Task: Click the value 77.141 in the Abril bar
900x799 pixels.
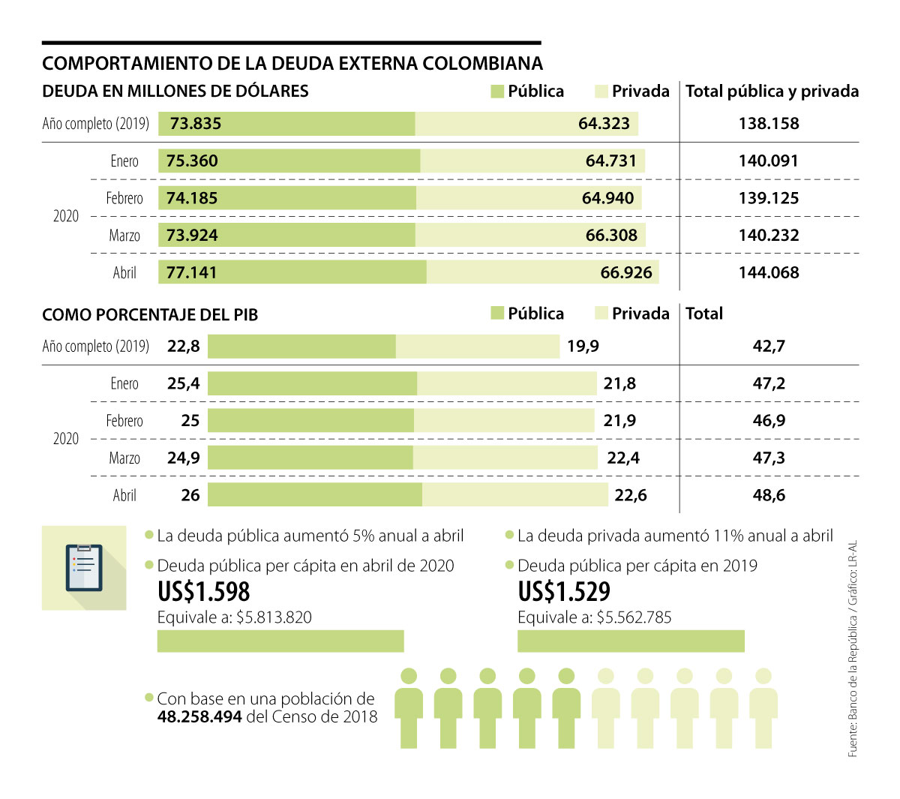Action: click(x=191, y=272)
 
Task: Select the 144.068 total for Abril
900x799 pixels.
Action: click(x=769, y=272)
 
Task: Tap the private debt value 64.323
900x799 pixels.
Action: click(x=604, y=124)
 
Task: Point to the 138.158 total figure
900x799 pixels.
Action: click(x=769, y=124)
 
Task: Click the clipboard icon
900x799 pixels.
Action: click(x=84, y=567)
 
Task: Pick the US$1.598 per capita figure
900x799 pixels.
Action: click(x=204, y=592)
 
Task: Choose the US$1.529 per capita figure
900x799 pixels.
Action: click(x=564, y=592)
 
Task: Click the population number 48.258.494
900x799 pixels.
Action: click(x=199, y=716)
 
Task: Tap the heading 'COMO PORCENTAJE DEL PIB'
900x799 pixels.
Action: click(x=150, y=314)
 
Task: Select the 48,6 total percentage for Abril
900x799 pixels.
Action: click(x=769, y=495)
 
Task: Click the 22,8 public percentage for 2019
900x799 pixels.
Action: click(x=184, y=346)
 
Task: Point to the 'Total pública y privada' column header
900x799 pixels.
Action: click(x=772, y=92)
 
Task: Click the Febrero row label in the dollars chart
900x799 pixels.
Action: click(x=124, y=198)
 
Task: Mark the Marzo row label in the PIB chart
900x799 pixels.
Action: click(x=124, y=458)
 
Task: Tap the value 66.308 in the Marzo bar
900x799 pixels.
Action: click(x=611, y=236)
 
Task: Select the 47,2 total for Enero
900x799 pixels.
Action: click(x=769, y=383)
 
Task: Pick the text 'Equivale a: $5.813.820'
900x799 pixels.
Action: click(x=235, y=617)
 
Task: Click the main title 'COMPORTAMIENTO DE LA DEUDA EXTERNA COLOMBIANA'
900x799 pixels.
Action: click(x=292, y=63)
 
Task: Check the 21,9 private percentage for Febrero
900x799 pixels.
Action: click(x=619, y=421)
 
